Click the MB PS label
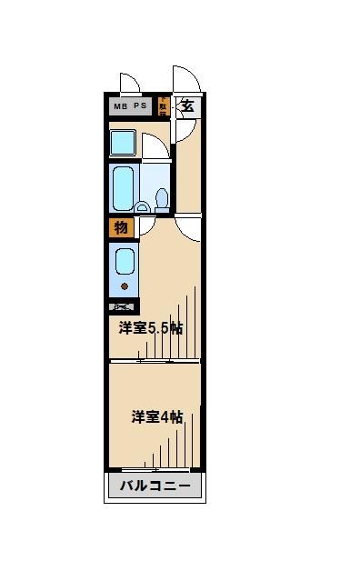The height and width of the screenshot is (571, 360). click(x=129, y=106)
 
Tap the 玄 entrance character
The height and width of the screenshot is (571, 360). click(x=187, y=105)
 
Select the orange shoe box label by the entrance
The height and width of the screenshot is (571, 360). click(x=163, y=106)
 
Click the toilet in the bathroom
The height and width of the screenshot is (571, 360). click(x=162, y=197)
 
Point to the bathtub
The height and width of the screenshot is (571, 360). click(x=124, y=187)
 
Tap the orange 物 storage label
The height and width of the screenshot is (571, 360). click(x=121, y=227)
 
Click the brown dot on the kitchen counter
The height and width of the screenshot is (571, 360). click(x=124, y=287)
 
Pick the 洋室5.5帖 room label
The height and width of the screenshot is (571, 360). click(x=151, y=328)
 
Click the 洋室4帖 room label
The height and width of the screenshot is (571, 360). click(x=157, y=416)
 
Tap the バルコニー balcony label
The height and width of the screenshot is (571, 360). click(x=155, y=486)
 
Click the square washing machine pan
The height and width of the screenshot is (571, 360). click(x=122, y=144)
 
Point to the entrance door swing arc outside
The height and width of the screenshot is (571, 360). click(x=185, y=80)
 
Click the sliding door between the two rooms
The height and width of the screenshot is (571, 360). click(x=155, y=360)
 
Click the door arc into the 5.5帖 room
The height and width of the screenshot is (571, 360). click(x=189, y=227)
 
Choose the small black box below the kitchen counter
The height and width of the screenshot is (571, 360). click(x=123, y=307)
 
